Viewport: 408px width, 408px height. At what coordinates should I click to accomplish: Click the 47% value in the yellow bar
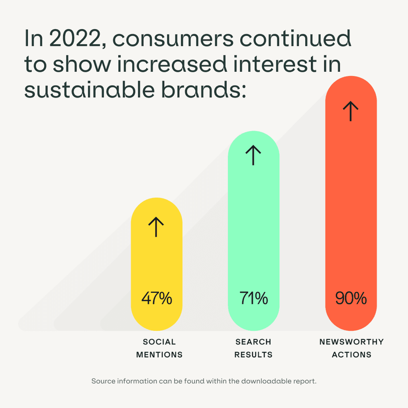point(157,298)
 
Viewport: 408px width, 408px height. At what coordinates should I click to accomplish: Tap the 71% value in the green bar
point(253,298)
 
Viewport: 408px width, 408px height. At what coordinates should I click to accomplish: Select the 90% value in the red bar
point(351,298)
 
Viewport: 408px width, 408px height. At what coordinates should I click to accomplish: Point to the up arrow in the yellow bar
point(156,227)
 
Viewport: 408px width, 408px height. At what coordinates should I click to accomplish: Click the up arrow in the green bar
point(253,155)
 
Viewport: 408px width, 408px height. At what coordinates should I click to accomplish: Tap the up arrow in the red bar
point(351,111)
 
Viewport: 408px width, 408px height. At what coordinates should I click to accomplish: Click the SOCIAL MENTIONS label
point(159,348)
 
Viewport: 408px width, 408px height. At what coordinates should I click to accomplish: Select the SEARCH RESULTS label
point(253,348)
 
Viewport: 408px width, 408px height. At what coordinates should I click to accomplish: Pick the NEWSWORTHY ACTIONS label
point(351,348)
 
